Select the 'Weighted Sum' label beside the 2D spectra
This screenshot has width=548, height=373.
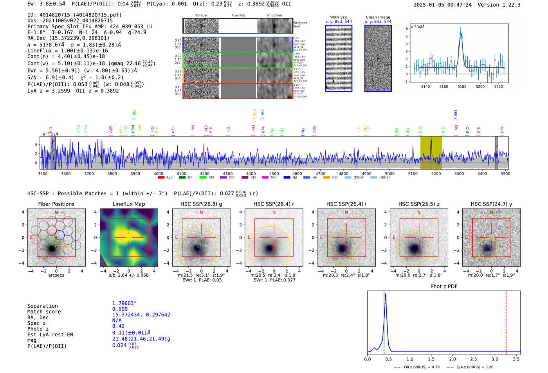coord(300,24)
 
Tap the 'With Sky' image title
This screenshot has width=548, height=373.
coord(338,17)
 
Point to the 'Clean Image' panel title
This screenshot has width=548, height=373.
coord(378,17)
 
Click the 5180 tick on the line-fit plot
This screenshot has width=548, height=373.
coord(462,86)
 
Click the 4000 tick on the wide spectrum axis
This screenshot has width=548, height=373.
coord(159,173)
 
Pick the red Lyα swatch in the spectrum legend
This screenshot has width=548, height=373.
coord(161,178)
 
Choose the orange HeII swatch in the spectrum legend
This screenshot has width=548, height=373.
coord(326,178)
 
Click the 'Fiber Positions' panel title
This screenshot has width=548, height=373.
coord(56,204)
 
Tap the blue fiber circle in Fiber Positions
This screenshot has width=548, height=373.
coord(59,235)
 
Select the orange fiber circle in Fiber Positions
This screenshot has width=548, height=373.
coord(59,245)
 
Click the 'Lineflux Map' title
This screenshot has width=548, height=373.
coord(128,204)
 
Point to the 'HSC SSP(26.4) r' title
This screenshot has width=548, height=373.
coord(274,204)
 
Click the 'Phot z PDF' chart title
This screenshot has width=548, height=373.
coord(443,287)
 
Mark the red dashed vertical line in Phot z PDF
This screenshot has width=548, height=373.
coord(506,321)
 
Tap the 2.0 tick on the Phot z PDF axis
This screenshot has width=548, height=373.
coord(452,359)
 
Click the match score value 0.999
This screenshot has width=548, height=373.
coord(120,309)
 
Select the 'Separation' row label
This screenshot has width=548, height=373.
coord(42,306)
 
